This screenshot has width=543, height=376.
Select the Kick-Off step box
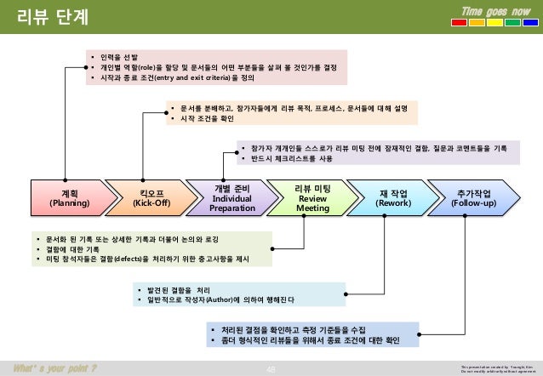(x=143, y=198)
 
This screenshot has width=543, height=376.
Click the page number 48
(x=271, y=367)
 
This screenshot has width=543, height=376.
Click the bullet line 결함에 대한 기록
(x=77, y=248)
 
